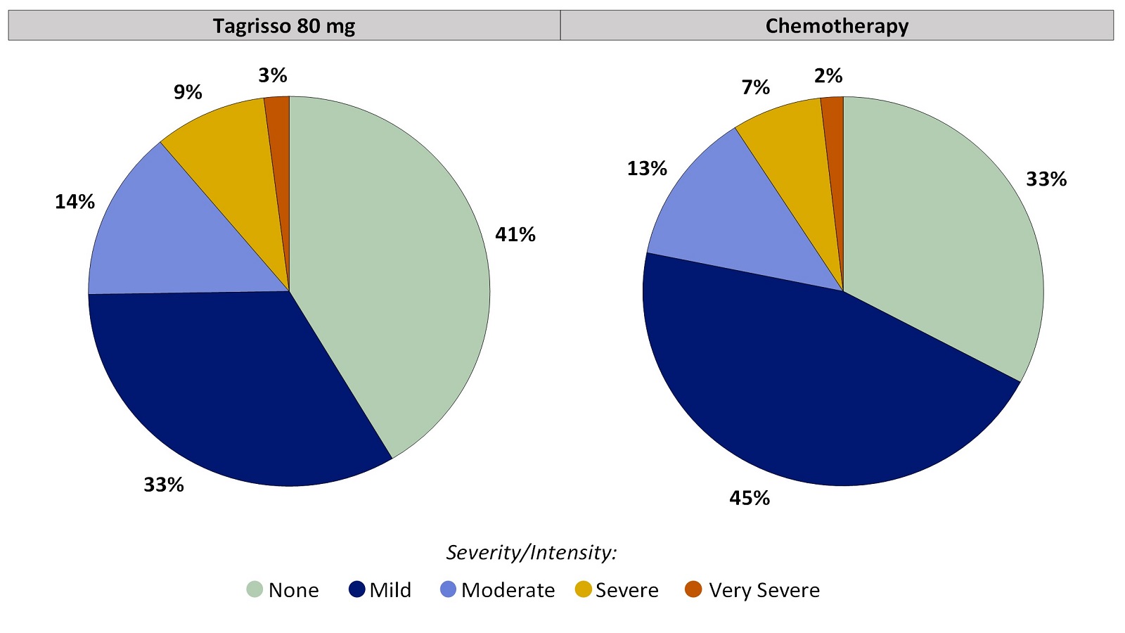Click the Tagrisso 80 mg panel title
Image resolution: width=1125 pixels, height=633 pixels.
(x=284, y=26)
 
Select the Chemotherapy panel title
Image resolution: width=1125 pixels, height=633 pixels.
(x=837, y=26)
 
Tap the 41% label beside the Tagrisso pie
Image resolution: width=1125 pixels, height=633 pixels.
(x=515, y=235)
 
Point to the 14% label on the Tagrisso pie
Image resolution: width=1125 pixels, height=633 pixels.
(x=75, y=202)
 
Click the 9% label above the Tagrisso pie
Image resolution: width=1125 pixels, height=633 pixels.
(x=188, y=92)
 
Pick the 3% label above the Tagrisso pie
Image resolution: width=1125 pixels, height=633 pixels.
(x=273, y=75)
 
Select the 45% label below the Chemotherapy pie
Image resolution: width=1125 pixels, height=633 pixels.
(x=750, y=498)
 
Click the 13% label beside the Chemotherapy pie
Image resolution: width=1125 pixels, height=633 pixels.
(x=647, y=168)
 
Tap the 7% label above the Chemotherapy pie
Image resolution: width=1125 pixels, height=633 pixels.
(x=756, y=87)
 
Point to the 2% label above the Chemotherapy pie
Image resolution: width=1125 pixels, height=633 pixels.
(x=828, y=75)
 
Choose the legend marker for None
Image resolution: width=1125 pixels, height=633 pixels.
(x=255, y=589)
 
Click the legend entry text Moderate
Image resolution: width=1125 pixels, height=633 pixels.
(x=508, y=590)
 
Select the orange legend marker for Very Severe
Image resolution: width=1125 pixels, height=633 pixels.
(x=693, y=589)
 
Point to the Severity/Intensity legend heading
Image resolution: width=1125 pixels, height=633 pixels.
(x=532, y=553)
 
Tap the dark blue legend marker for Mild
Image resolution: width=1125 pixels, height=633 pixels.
(x=357, y=589)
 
